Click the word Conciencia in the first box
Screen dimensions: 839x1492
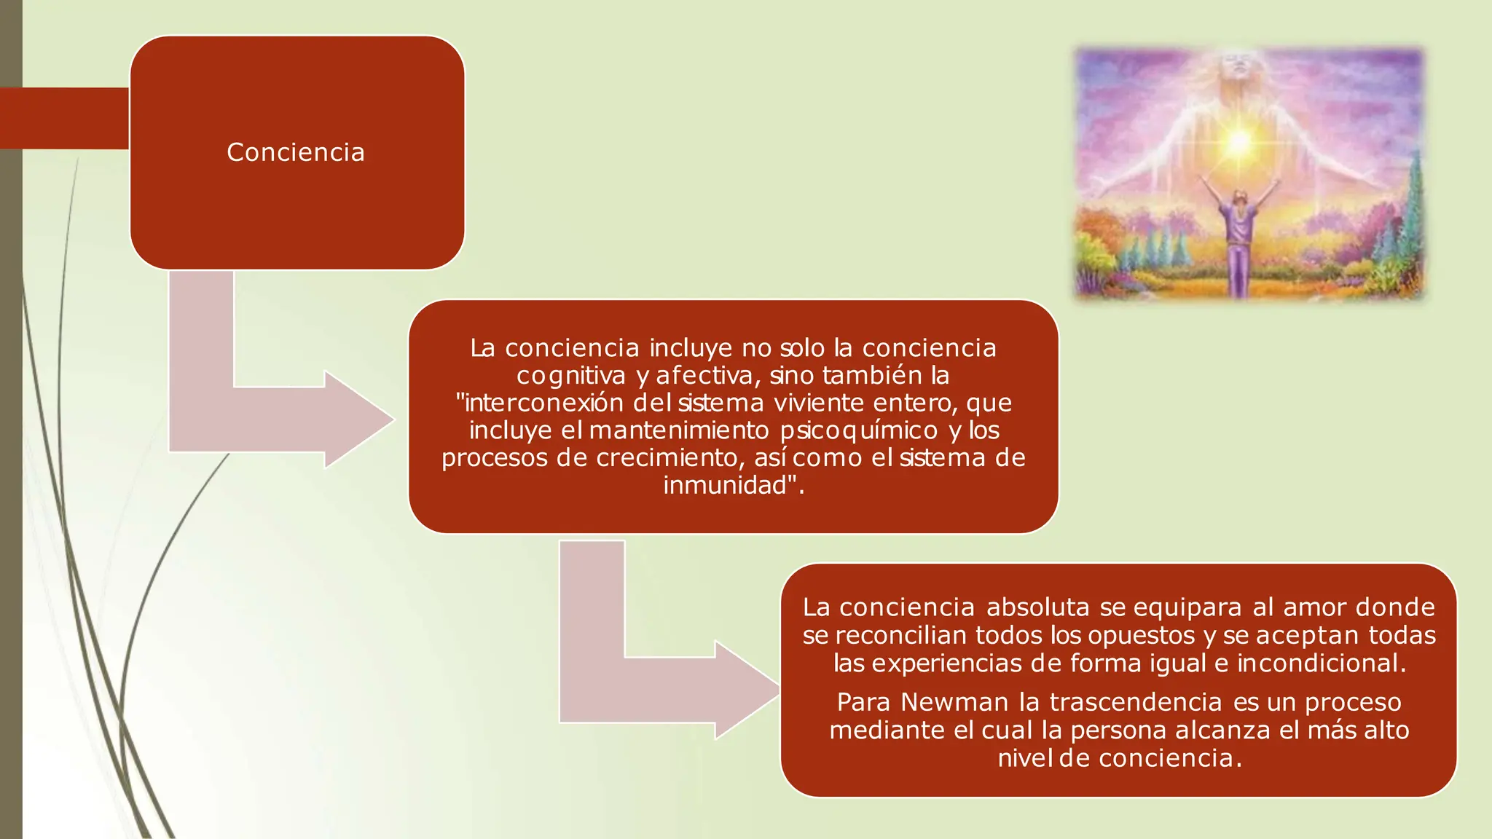295,152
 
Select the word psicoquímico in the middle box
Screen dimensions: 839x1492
859,430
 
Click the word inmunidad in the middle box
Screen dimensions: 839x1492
725,485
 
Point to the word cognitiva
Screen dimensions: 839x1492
571,376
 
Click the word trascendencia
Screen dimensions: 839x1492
1135,702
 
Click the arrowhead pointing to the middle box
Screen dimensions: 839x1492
361,419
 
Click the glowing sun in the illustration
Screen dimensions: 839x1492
1238,141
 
